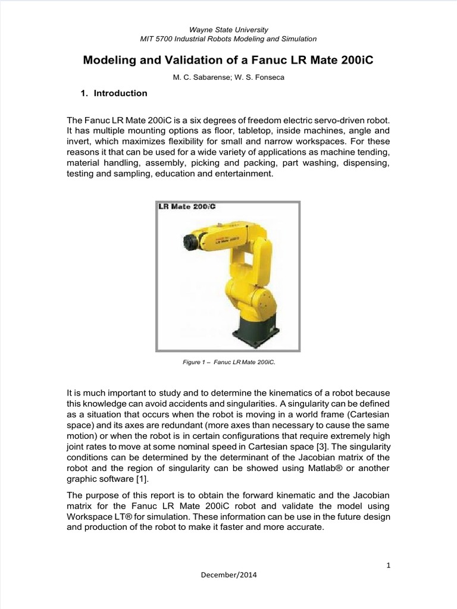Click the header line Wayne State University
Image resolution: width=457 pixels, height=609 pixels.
(x=228, y=29)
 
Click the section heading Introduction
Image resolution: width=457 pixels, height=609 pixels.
(x=121, y=93)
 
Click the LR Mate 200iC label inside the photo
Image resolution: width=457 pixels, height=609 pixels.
(x=187, y=207)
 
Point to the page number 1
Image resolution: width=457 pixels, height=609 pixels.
(x=388, y=566)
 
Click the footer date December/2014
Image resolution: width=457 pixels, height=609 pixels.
(x=228, y=576)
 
